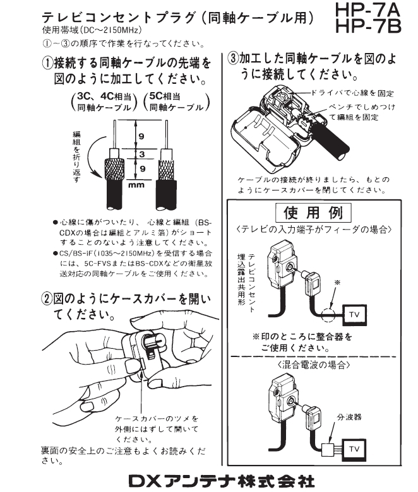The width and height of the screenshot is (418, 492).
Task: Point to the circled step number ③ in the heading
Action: tap(233, 60)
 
